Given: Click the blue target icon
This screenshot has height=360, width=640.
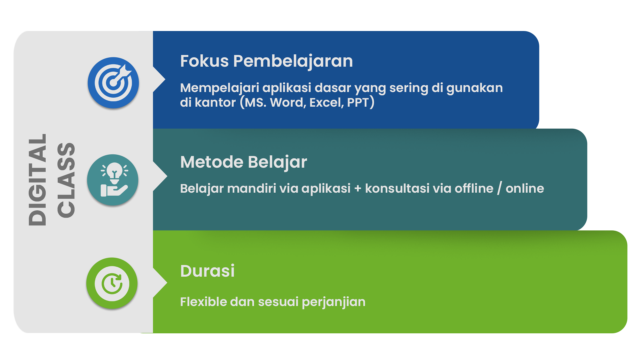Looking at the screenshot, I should click(x=113, y=83).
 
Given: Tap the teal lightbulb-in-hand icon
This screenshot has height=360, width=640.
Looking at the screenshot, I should click(x=113, y=180).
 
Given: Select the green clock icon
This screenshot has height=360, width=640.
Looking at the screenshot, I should click(x=112, y=283).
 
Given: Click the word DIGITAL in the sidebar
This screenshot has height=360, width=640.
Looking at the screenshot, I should click(x=37, y=180).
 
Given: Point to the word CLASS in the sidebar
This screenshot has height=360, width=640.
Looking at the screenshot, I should click(x=66, y=180).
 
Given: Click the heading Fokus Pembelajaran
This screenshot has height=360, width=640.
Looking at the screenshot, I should click(x=266, y=61).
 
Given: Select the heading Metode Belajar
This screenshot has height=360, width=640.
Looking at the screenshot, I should click(x=243, y=162).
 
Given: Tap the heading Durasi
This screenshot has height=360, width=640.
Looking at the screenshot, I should click(x=207, y=271).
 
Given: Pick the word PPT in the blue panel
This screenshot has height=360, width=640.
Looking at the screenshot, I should click(x=358, y=103).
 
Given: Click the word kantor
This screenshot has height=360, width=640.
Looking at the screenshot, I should click(x=215, y=103).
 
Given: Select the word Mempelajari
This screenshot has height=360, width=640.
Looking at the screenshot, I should click(x=219, y=88).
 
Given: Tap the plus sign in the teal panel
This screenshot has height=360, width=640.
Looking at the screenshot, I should click(x=358, y=189).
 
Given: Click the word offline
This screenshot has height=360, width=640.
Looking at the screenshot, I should click(x=474, y=189).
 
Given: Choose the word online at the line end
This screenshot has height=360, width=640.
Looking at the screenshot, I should click(x=525, y=189).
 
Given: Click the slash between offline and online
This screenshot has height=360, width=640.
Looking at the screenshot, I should click(x=499, y=189).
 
